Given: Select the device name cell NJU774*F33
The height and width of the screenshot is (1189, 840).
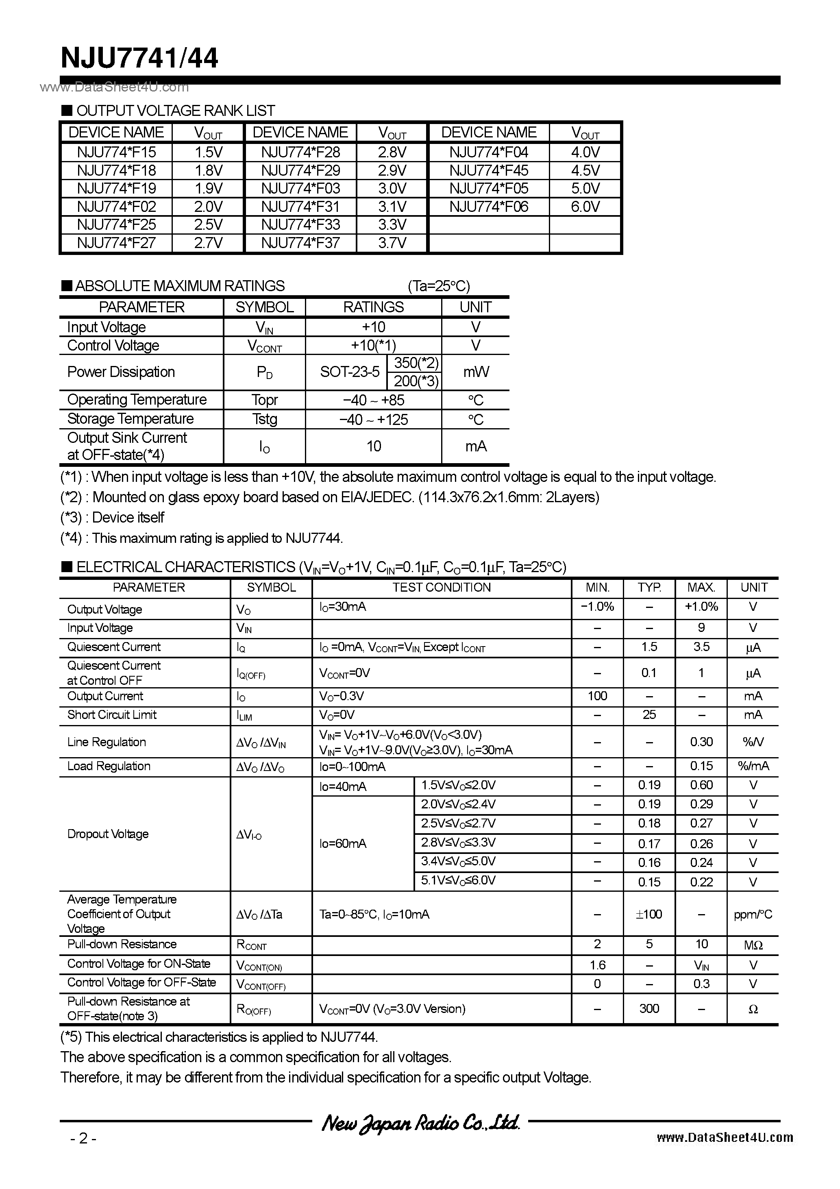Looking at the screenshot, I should tap(300, 225).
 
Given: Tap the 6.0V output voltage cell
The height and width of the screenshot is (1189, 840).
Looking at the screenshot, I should tap(585, 207).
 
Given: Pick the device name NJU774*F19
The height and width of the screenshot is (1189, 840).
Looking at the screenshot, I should tap(117, 189).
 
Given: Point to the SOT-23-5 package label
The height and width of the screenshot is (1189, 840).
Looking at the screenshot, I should tap(350, 372).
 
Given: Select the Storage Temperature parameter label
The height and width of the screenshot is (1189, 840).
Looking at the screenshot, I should tap(130, 418).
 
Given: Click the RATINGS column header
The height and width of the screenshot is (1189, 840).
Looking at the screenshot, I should tap(373, 307).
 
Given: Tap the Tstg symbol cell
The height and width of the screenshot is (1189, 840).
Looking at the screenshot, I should tap(264, 419).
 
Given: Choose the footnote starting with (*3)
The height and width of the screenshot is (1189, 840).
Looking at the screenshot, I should tap(112, 517).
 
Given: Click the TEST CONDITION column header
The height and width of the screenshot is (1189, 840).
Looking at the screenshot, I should tap(441, 587).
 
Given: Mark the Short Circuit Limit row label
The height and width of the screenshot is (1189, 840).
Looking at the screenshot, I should tap(112, 714).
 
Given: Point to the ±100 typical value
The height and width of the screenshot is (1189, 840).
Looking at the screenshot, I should tap(649, 914).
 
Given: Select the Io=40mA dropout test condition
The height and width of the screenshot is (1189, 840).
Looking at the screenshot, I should tap(343, 786).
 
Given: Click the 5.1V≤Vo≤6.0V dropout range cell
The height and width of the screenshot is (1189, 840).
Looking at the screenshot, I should tap(458, 880).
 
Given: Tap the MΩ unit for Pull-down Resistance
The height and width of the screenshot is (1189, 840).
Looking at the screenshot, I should tap(753, 945).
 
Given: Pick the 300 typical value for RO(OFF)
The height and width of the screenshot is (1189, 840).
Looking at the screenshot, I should tap(649, 1008).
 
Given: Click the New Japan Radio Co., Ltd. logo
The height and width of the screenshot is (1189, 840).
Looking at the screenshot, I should tap(420, 1122).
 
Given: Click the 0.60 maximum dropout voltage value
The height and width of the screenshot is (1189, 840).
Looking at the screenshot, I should tap(701, 785).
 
